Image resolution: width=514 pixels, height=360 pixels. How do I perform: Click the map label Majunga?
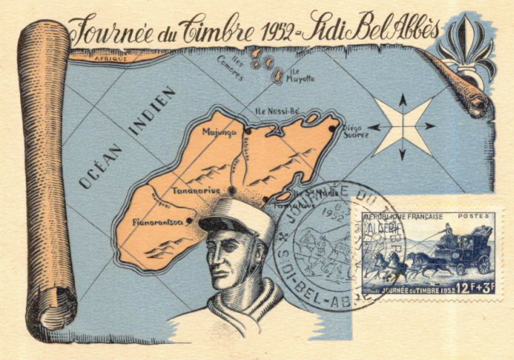click(x=219, y=133)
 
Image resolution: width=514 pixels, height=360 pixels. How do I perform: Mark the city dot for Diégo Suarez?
click(x=332, y=127)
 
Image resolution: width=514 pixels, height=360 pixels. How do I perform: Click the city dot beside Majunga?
click(x=248, y=131)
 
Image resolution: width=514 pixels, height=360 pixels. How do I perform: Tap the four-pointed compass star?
click(x=402, y=125)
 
